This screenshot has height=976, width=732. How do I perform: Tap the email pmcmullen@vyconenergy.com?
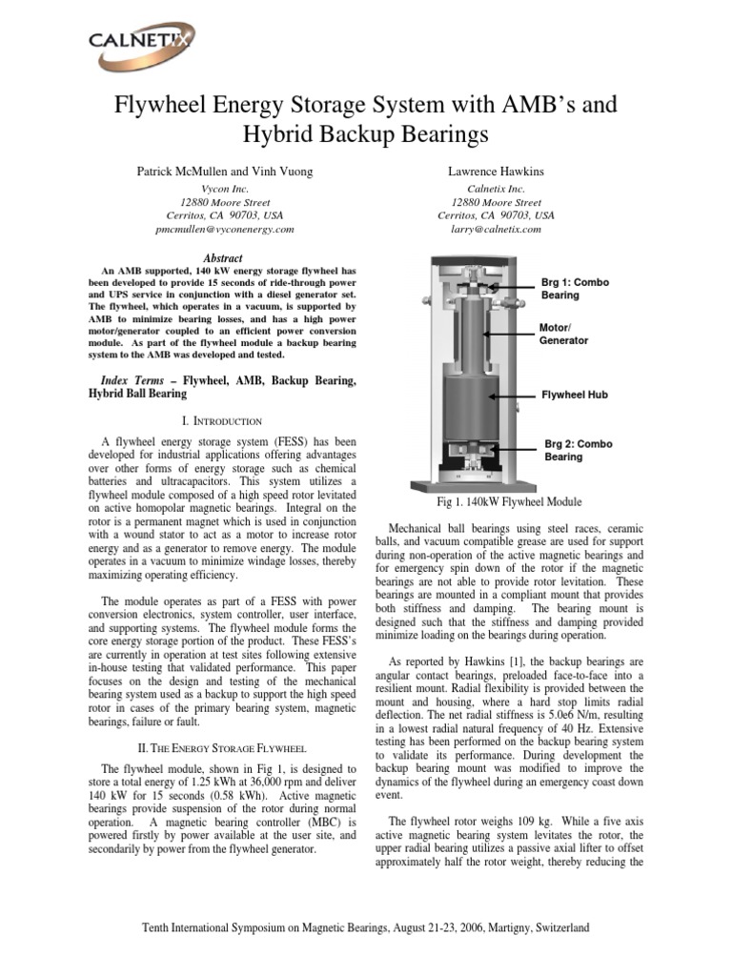coord(224,230)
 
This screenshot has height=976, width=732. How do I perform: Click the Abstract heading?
coord(224,258)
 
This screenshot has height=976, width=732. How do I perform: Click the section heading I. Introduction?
coord(224,420)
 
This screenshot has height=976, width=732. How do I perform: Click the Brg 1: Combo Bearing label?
coord(574,289)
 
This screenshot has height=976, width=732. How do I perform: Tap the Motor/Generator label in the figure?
coord(563,334)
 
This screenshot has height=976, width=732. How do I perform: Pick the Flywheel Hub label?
coord(575,394)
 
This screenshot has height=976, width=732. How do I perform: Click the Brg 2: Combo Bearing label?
coord(578,450)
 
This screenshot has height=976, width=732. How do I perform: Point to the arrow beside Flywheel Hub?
coord(509,394)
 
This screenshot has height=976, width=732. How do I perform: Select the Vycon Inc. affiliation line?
coord(224,189)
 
